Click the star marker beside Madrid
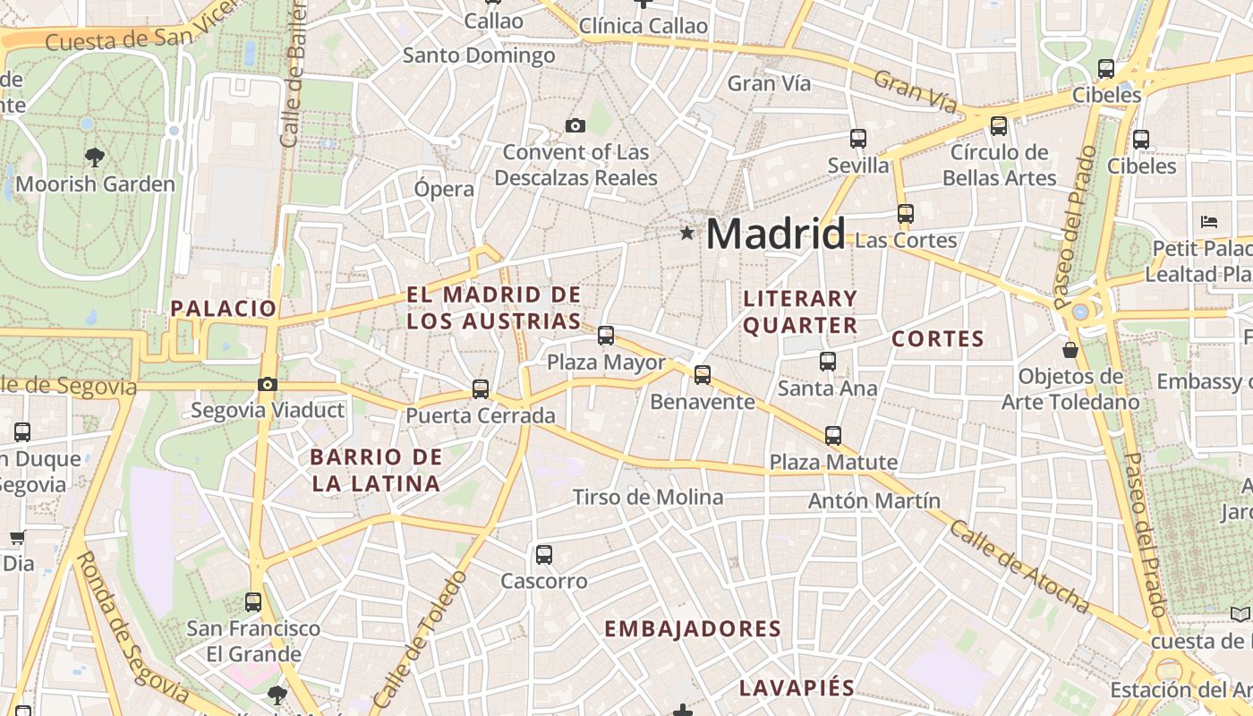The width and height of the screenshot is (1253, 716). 686,233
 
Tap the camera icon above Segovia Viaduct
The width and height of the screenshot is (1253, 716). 267,385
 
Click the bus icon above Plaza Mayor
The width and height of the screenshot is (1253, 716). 606,336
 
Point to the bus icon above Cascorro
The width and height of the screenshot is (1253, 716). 544,555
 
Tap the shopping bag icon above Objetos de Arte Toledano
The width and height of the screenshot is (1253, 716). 1070,349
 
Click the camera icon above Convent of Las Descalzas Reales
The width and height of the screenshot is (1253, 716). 575,125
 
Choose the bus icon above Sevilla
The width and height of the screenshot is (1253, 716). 858,139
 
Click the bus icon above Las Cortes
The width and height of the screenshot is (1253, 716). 906,214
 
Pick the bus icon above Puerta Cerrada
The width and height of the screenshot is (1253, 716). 481,389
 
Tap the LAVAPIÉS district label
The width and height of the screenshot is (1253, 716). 797,688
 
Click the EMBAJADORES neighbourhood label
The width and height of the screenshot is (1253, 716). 693,629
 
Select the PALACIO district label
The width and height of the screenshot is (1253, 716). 224,309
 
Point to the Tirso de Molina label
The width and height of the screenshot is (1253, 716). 648,498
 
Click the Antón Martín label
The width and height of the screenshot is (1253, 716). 874,501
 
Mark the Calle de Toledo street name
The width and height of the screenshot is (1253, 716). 419,640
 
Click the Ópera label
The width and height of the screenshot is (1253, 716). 444,189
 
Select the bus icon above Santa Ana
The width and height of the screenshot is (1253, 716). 828,362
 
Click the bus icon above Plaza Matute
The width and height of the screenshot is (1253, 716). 833,436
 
